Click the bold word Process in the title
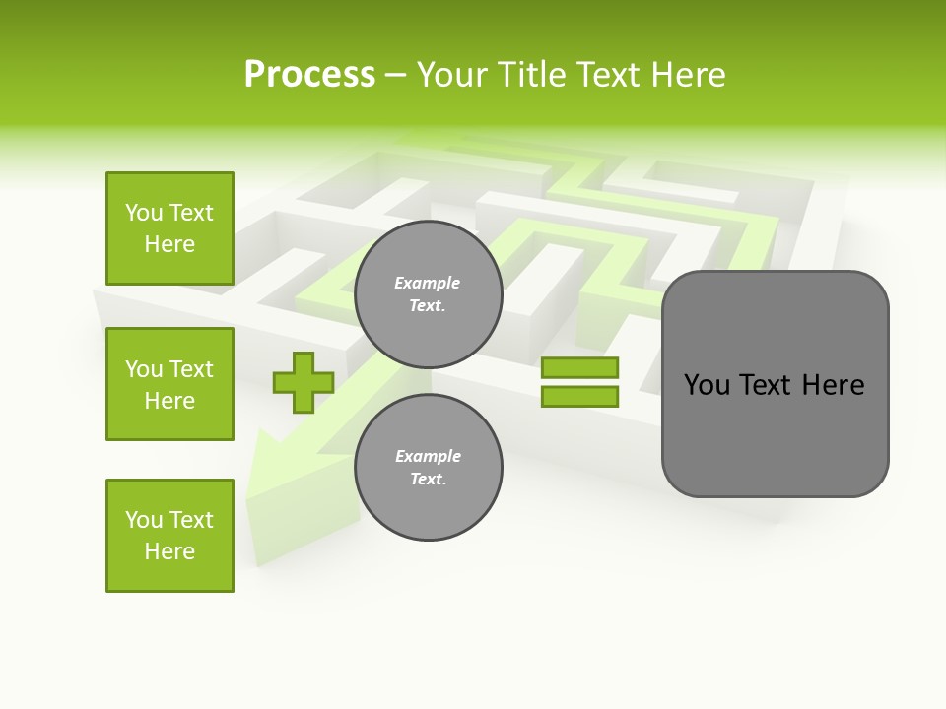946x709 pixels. [x=309, y=75]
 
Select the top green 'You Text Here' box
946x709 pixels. [x=169, y=228]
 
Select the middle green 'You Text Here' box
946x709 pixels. [x=169, y=384]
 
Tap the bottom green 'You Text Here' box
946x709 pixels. [x=169, y=536]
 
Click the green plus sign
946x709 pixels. [x=304, y=382]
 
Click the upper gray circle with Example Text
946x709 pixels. [x=428, y=294]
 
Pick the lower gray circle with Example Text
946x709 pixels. [x=428, y=468]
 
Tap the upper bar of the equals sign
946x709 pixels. [x=579, y=368]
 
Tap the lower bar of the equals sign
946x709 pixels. [x=579, y=397]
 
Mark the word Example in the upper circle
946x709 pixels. [x=428, y=283]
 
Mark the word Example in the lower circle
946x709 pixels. [x=428, y=456]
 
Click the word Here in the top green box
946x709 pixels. [x=169, y=244]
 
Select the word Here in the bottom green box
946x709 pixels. [x=169, y=551]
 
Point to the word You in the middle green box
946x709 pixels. [x=143, y=369]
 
